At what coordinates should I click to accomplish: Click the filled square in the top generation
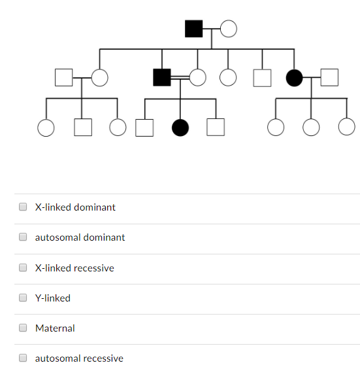tap(193, 29)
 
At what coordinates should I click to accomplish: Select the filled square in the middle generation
tap(162, 77)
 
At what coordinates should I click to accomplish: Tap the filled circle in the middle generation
tap(294, 78)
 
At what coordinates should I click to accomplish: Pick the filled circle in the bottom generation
tap(180, 128)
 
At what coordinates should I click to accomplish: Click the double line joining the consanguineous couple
tap(180, 77)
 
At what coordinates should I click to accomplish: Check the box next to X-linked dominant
tap(23, 207)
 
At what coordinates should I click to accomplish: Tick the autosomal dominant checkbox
tap(23, 237)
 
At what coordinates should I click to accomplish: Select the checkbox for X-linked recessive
tap(23, 267)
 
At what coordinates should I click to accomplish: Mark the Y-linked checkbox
tap(23, 298)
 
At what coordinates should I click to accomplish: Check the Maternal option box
tap(23, 328)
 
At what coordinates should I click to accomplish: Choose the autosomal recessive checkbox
tap(23, 358)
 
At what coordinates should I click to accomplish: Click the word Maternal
tap(55, 328)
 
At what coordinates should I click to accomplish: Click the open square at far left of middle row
tap(64, 77)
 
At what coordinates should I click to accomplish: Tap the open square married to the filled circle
tap(329, 77)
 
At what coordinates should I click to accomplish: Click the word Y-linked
tap(53, 298)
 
